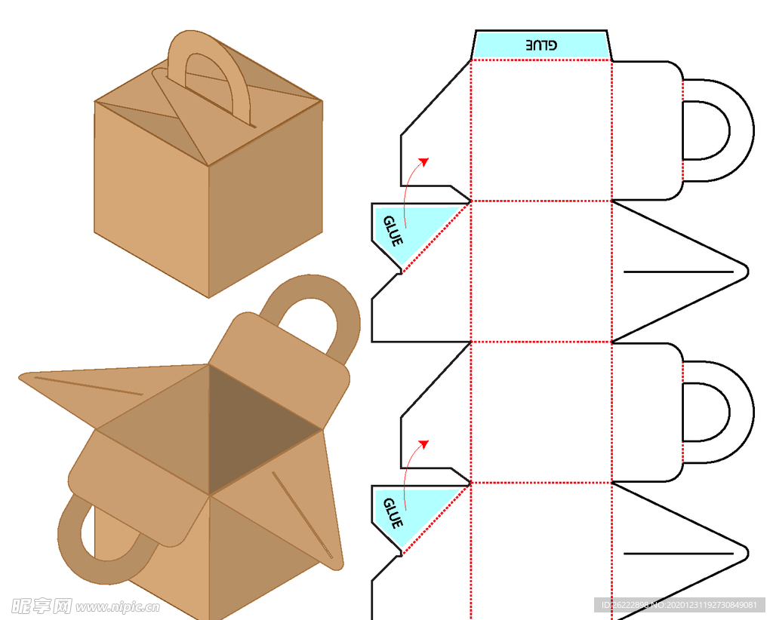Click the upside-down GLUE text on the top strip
[541, 45]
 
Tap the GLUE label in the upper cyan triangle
[393, 231]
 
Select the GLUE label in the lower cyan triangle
[393, 513]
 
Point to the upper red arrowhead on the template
[424, 161]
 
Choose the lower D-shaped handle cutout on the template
[705, 412]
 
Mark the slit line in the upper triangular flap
[678, 271]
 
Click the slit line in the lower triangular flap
[678, 554]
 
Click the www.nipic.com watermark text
[117, 606]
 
